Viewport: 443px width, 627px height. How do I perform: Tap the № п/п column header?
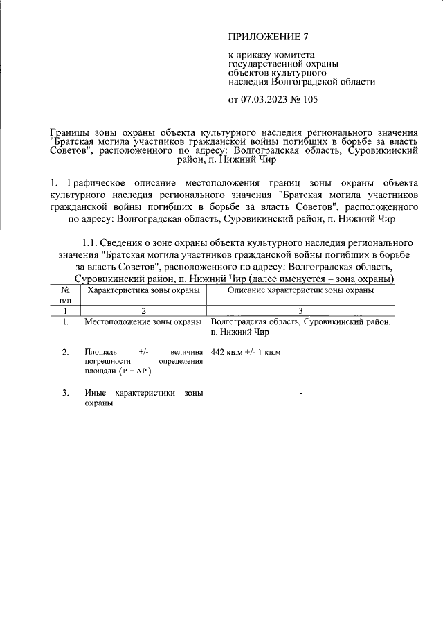point(65,296)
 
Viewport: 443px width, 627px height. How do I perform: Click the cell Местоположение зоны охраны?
point(143,322)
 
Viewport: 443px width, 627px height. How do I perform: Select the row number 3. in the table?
point(65,394)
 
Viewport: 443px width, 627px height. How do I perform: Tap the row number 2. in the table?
point(65,353)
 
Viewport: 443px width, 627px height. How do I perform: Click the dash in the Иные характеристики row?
point(301,394)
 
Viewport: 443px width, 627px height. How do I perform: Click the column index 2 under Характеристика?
point(143,311)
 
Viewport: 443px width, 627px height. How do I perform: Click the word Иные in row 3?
point(95,394)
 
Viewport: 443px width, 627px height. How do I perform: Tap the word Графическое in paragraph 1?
point(96,183)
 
